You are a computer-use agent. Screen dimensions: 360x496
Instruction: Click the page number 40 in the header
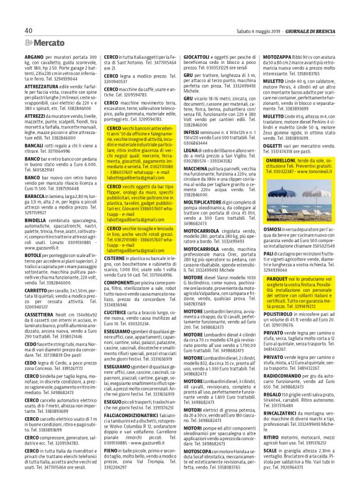click(x=29, y=30)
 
